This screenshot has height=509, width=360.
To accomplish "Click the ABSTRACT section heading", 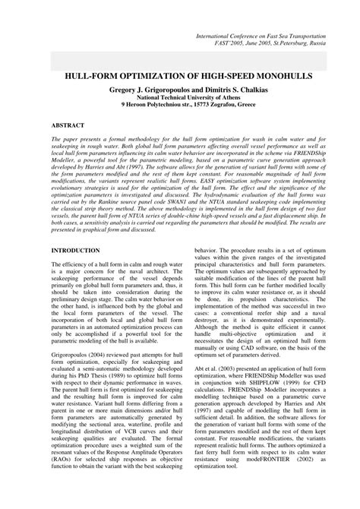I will [x=68, y=123].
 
